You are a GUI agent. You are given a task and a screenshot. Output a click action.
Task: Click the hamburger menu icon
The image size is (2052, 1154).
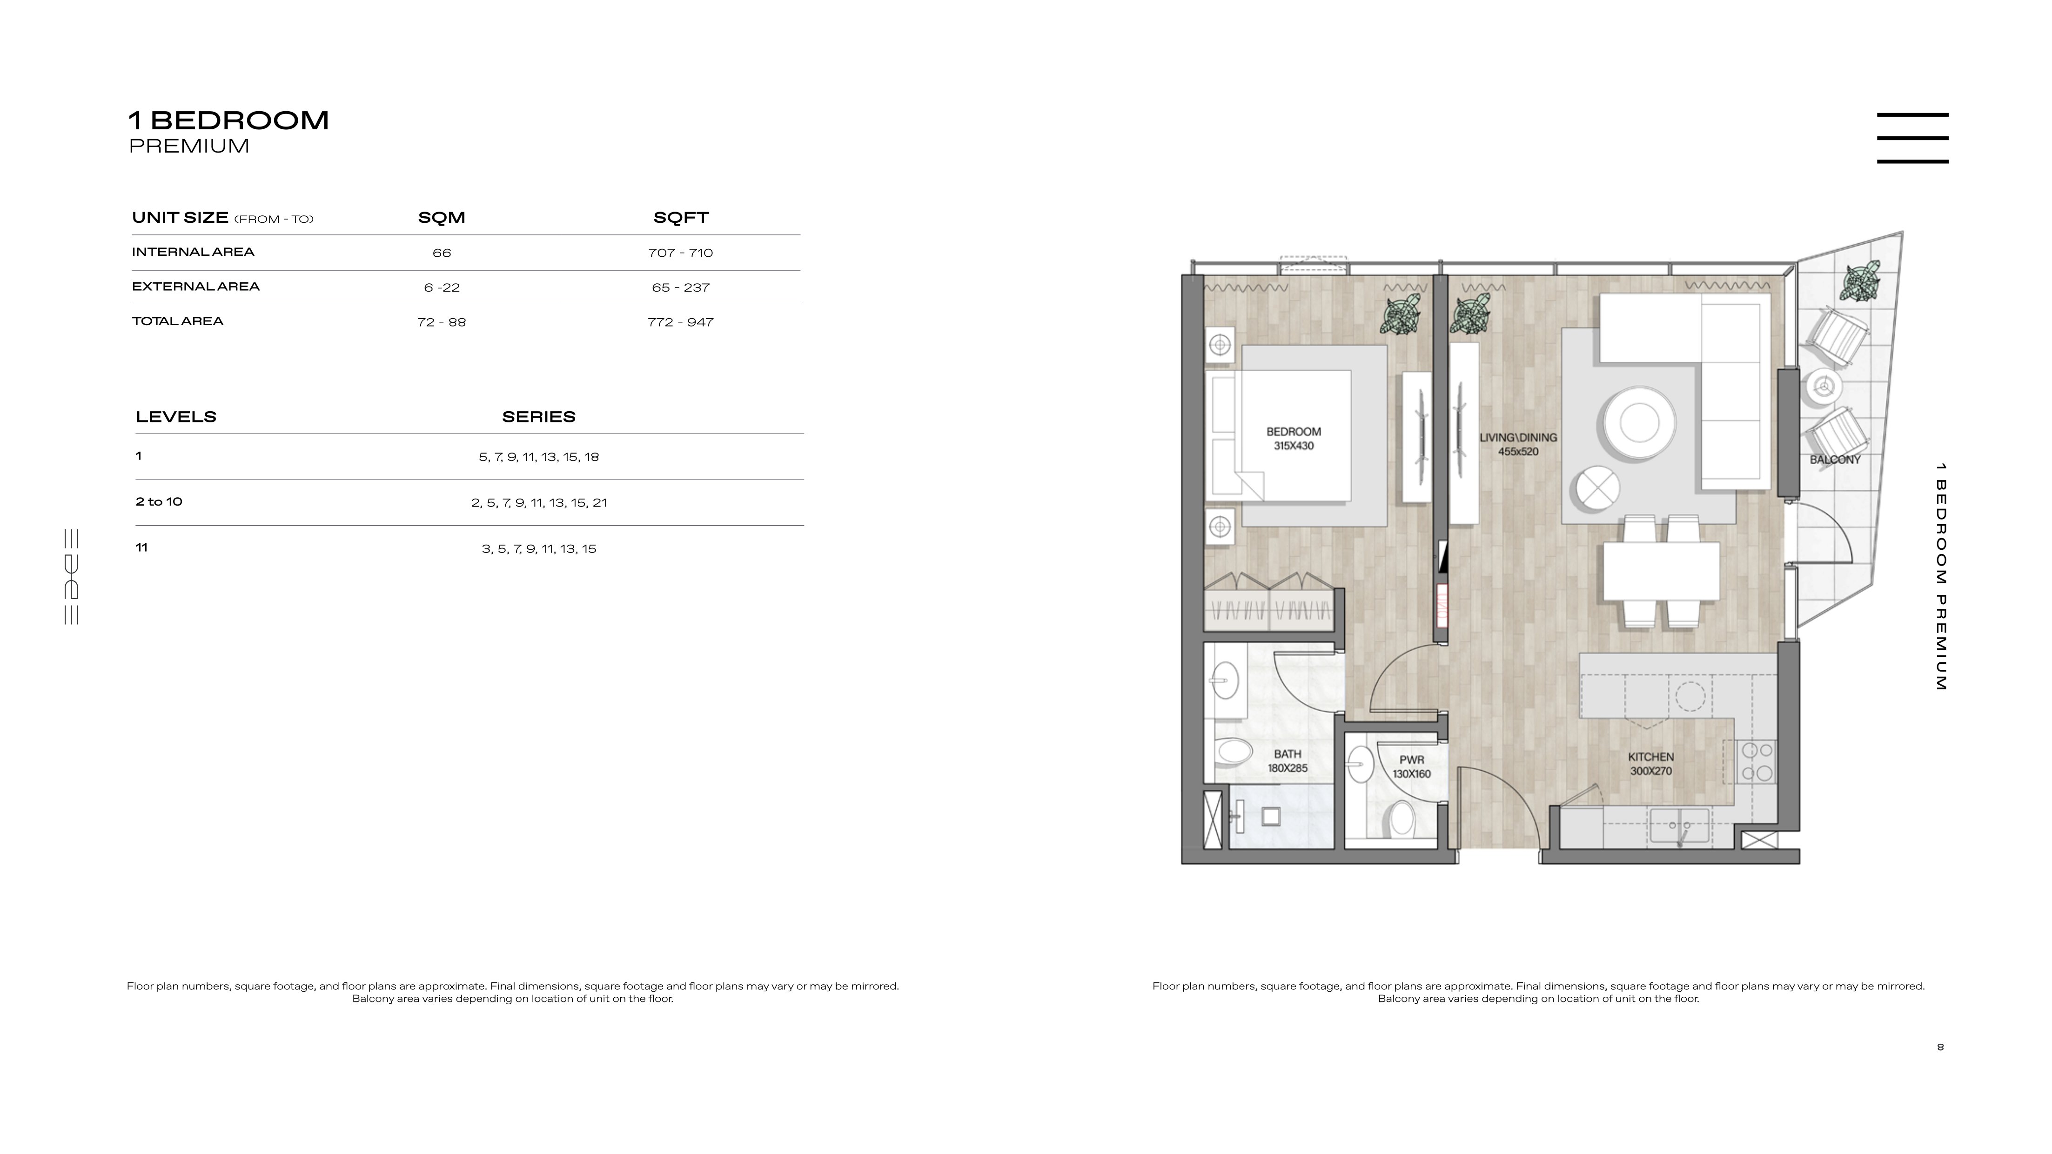click(x=1912, y=138)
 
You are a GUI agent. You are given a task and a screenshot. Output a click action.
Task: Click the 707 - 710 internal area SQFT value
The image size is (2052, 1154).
click(x=680, y=253)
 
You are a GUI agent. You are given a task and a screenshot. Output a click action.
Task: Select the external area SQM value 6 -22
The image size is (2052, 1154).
click(x=442, y=287)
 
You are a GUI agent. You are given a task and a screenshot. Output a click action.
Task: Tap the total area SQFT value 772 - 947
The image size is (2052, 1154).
click(x=680, y=322)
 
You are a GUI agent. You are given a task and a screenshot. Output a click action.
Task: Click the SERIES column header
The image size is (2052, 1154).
click(x=538, y=416)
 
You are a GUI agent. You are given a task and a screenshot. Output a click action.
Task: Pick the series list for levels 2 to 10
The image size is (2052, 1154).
click(x=538, y=502)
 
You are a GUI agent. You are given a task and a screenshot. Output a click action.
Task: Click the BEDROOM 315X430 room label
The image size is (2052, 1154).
click(x=1294, y=439)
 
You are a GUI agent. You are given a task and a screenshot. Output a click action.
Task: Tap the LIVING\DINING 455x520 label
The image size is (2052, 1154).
click(x=1518, y=444)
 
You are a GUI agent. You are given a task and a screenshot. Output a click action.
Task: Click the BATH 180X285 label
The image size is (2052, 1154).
click(x=1288, y=760)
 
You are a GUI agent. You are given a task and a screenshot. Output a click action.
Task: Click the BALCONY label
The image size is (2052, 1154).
click(x=1835, y=460)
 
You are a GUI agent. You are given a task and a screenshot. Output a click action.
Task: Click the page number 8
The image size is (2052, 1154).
click(x=1940, y=1047)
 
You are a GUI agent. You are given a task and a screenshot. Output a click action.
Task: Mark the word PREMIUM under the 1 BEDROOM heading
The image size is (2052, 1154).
click(x=189, y=146)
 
